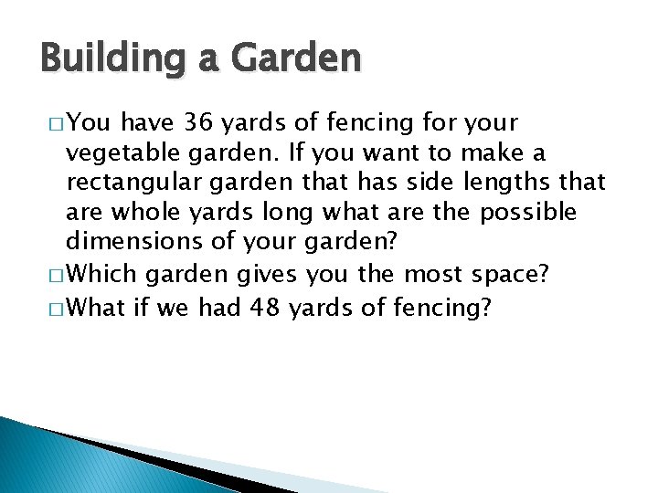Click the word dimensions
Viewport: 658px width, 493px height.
(x=125, y=243)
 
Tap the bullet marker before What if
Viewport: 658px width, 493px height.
(x=50, y=309)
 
